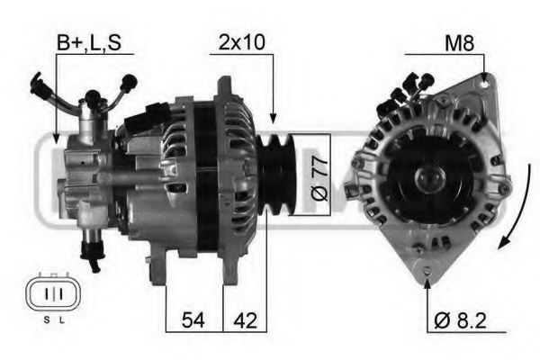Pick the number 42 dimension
(246, 320)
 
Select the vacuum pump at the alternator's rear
(85, 171)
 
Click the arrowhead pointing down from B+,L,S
(57, 139)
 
